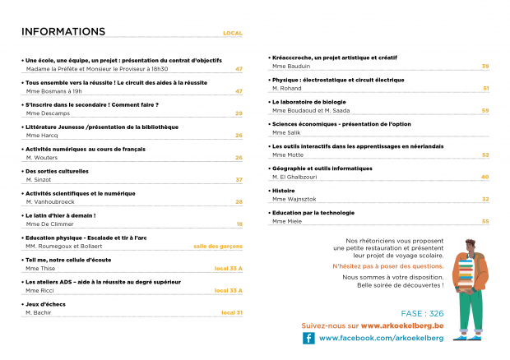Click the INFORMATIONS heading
pyautogui.click(x=63, y=32)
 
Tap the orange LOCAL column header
pyautogui.click(x=233, y=34)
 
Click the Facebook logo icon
pyautogui.click(x=308, y=338)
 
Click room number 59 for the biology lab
pyautogui.click(x=485, y=110)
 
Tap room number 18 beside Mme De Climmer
pyautogui.click(x=239, y=224)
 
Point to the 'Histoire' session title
pyautogui.click(x=283, y=190)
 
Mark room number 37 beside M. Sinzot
pyautogui.click(x=239, y=179)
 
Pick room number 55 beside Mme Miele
pyautogui.click(x=485, y=221)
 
